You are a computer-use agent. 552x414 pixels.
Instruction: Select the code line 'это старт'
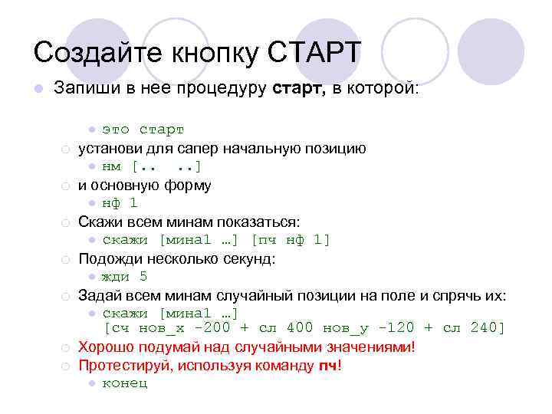click(x=143, y=130)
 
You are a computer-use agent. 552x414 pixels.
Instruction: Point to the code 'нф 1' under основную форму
click(x=120, y=203)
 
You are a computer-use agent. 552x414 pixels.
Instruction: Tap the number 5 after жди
click(x=143, y=277)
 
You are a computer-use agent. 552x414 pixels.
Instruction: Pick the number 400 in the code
click(x=297, y=328)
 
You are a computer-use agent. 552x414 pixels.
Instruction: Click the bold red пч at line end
click(x=327, y=365)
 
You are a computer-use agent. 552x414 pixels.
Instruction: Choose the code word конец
click(x=125, y=383)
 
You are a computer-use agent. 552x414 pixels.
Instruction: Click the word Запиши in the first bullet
click(x=84, y=89)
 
